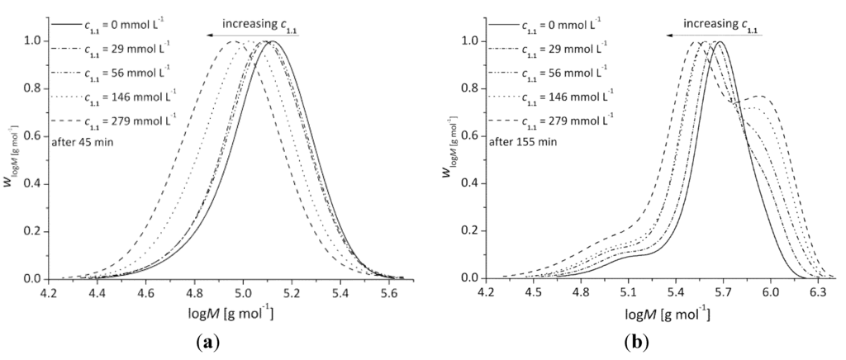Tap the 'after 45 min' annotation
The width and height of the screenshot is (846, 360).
[x=88, y=140]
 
